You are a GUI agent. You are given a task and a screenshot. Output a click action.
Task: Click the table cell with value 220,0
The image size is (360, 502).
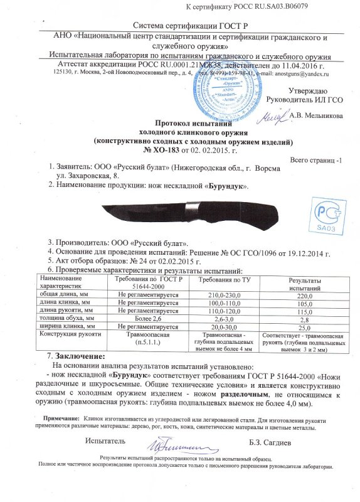(x=304, y=295)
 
